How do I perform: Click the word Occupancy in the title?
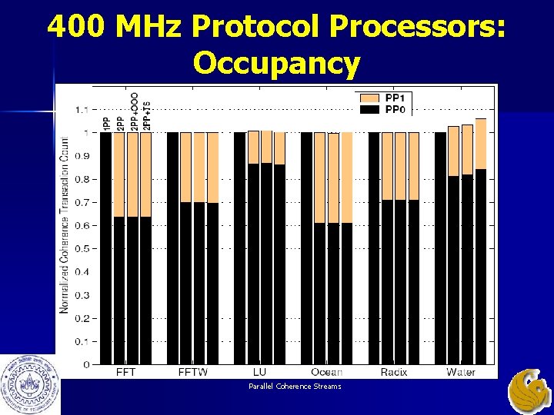coord(276,63)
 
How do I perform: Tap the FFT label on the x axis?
coord(126,372)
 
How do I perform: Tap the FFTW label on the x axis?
coord(192,372)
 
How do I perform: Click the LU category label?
coord(259,372)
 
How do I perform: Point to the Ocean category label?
coord(326,372)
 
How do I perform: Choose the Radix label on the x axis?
coord(393,372)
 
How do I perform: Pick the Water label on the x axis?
coord(460,372)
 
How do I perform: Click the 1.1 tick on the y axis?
coord(81,109)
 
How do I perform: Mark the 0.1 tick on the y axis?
coord(81,341)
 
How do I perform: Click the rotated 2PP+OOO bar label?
coord(134,111)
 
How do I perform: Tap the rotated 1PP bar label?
coord(105,123)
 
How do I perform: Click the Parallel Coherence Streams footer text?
coord(294,386)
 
